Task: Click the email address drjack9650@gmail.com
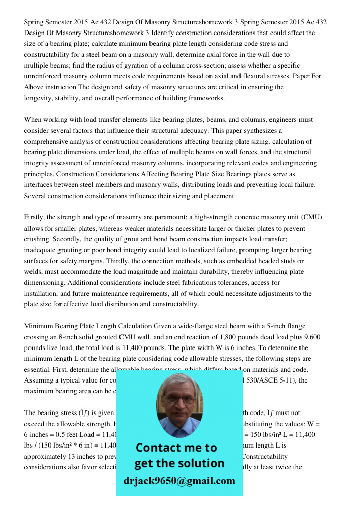click(x=179, y=481)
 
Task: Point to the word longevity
click(x=40, y=98)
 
